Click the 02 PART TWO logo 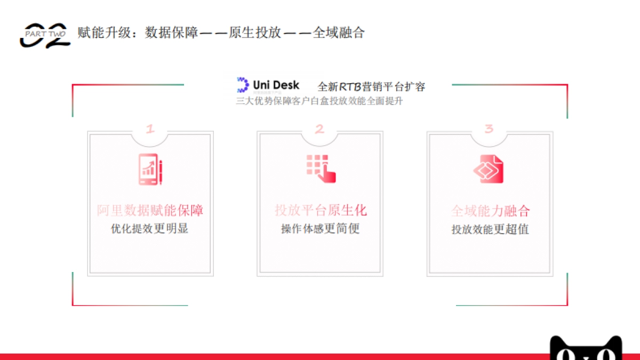[x=45, y=35]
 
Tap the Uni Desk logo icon [x=243, y=85]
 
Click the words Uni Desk [x=276, y=85]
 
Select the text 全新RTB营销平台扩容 [x=371, y=86]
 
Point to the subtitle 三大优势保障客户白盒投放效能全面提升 [x=319, y=101]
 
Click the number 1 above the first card [x=150, y=129]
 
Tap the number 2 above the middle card [x=319, y=129]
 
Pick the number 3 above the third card [x=489, y=129]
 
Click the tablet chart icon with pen [x=150, y=169]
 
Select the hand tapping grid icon [x=321, y=169]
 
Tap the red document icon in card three [x=489, y=169]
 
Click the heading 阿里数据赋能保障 [x=150, y=210]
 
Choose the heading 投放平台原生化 [x=321, y=210]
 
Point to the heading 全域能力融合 [x=490, y=211]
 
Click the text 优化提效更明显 [x=150, y=229]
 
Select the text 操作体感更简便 [x=321, y=229]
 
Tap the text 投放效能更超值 [x=490, y=229]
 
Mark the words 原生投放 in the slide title [x=255, y=33]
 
